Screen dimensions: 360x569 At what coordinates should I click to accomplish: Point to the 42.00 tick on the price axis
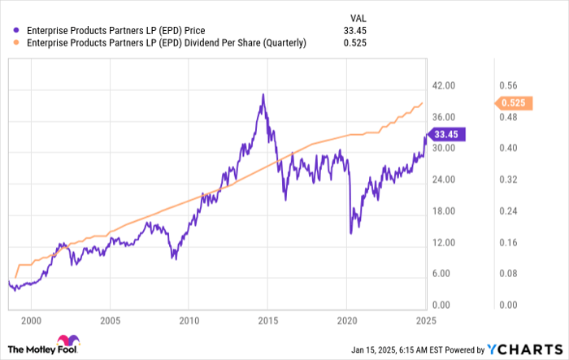point(444,86)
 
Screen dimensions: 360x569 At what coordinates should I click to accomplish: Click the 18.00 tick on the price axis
point(444,211)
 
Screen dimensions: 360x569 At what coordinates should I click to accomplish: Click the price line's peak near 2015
point(263,94)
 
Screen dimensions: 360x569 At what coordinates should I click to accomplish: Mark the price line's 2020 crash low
point(350,233)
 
